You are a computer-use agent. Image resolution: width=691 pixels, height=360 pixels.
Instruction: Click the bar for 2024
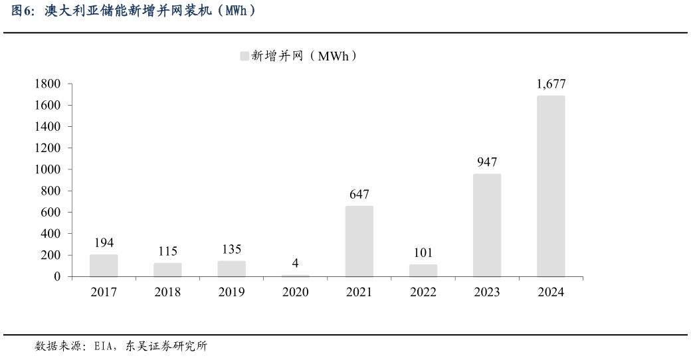coord(551,186)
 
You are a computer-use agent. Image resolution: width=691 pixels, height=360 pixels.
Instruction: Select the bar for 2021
coord(359,241)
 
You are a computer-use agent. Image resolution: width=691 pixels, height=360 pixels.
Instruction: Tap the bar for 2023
coord(487,225)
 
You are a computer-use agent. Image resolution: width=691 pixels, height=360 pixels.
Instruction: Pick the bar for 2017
coord(104,266)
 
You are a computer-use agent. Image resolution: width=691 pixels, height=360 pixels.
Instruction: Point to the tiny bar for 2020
coord(296,276)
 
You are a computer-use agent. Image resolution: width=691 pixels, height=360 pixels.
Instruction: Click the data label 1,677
coord(551,84)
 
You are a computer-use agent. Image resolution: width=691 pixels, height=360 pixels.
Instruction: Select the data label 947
coord(487,162)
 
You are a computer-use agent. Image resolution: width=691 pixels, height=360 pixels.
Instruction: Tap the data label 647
coord(359,195)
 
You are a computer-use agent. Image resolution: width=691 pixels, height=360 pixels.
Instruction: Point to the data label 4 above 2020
coord(296,263)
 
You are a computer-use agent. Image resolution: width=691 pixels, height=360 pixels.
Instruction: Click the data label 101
coord(423,253)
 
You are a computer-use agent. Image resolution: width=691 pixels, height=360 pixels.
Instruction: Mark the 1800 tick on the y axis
coord(47,84)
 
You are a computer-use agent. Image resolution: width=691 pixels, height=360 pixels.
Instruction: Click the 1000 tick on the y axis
coord(47,169)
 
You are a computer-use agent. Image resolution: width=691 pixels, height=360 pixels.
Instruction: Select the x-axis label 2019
coord(231,292)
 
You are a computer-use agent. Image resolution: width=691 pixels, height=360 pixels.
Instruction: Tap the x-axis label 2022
coord(423,292)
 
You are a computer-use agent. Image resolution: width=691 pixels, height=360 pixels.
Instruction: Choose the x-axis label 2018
coord(167,292)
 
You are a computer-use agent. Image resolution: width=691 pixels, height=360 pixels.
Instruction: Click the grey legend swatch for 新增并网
coord(244,56)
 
